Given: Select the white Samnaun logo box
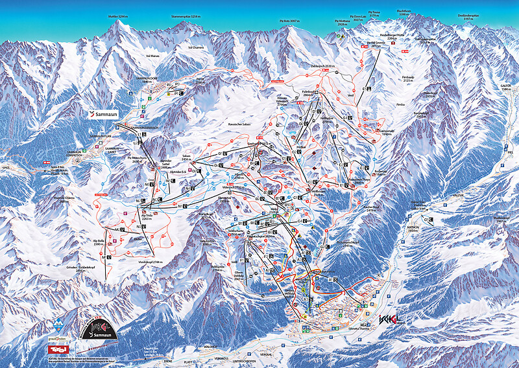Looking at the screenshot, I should (106, 113).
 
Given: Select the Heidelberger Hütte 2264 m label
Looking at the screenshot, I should (387, 38).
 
